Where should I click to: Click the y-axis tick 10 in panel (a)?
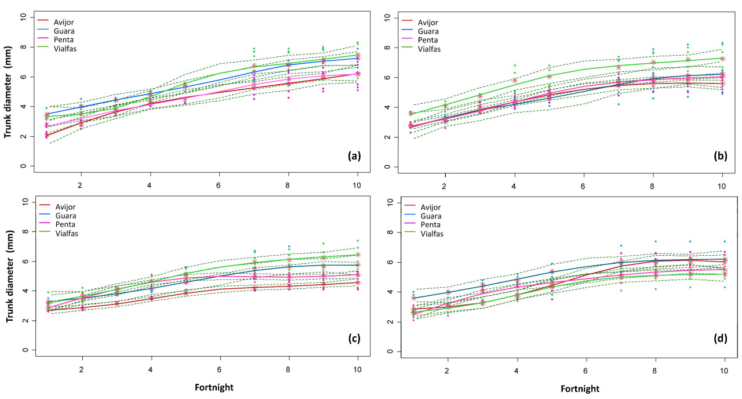24,17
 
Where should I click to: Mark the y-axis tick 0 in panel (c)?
25,350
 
